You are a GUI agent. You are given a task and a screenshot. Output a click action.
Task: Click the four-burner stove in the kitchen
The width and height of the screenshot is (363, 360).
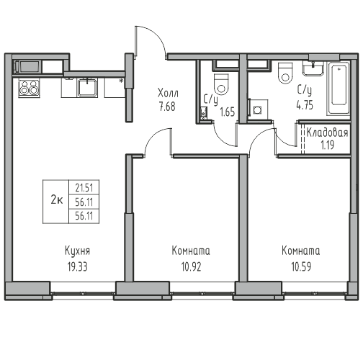coord(29,89)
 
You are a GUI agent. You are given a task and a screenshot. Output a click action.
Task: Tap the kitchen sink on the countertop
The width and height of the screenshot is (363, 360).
coord(87,88)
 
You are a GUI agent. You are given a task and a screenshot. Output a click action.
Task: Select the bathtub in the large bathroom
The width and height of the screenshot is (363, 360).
coord(338,89)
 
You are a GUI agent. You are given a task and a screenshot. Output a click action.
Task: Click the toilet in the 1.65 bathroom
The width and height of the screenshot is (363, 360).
coord(221,84)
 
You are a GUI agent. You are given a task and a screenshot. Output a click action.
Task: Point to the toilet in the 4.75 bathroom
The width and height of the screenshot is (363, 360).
coord(285,73)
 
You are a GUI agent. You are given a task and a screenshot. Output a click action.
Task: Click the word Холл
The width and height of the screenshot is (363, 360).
coord(168,93)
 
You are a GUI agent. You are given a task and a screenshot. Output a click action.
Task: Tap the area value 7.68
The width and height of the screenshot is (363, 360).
coord(167,107)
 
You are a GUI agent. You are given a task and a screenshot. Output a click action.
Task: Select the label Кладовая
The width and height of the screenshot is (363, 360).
coord(327,132)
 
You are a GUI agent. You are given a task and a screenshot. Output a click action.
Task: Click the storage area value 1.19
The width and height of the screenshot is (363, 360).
coord(328,145)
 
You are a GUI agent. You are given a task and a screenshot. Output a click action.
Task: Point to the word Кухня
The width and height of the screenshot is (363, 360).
coord(77,251)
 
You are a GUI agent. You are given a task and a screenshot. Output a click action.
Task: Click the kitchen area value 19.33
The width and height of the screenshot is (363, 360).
coord(77,266)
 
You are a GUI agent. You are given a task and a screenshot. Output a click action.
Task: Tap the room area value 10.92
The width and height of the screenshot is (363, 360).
coord(191,266)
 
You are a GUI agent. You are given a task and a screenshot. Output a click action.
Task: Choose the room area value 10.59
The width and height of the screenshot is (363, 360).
coord(301,266)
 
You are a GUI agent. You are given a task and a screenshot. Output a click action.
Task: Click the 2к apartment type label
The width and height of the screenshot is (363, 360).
coord(57,199)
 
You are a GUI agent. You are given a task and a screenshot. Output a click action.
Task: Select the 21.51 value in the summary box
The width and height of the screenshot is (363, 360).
coord(84,188)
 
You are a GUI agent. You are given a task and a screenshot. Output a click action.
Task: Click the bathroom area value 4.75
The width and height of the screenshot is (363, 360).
coord(305,106)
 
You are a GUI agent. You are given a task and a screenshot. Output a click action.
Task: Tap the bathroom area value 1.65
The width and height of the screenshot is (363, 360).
coord(227,112)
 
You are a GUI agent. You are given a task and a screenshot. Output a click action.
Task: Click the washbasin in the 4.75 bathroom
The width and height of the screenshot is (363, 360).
coord(313,68)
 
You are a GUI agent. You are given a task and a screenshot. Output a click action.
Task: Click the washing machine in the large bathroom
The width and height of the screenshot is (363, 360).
coord(258,109)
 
